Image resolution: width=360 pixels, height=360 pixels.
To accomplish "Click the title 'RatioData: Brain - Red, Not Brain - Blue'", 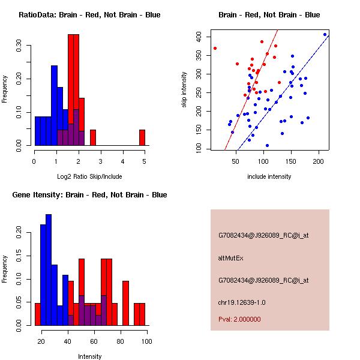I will tap(89, 14).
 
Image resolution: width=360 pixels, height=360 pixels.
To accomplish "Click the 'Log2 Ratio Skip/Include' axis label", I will tap(90, 176).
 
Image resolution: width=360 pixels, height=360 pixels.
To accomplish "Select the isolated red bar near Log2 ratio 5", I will tap(142, 137).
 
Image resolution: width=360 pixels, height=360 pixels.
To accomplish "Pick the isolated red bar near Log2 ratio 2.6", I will tap(93, 137).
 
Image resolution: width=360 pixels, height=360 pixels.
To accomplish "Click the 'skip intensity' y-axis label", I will tap(184, 90).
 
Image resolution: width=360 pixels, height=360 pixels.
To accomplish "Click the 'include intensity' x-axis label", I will tap(269, 176).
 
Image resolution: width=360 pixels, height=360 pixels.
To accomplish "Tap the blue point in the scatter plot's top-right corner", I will tap(325, 34).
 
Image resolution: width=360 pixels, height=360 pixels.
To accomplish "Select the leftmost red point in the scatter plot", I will tap(215, 48).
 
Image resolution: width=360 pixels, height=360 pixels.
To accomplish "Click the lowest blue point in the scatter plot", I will tap(267, 145).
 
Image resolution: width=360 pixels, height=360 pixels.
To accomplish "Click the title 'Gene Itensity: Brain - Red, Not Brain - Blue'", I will tap(89, 194).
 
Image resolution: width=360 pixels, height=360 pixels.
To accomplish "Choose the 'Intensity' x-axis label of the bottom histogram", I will tap(90, 356).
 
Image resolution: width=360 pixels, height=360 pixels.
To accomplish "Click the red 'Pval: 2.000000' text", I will tap(239, 319).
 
